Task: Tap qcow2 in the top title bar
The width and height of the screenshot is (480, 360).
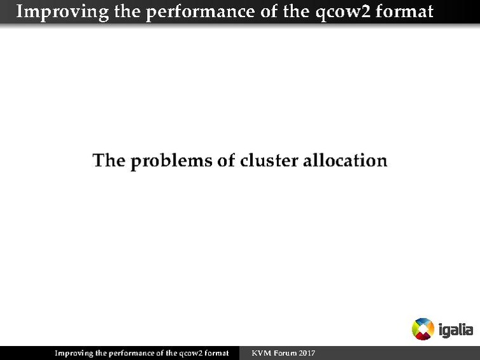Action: (x=342, y=11)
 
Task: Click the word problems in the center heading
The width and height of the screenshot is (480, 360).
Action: (x=172, y=160)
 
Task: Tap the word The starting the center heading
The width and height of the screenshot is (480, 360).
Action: (x=109, y=160)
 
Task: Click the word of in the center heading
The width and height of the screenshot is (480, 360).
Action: (x=227, y=160)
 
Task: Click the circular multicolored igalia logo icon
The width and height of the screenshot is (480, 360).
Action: (x=423, y=329)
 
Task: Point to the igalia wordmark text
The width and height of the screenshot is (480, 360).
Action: (x=456, y=330)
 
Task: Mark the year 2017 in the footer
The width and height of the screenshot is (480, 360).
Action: (x=307, y=353)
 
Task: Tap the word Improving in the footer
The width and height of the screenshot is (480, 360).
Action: (x=73, y=353)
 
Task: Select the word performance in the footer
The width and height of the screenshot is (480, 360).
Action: (x=131, y=353)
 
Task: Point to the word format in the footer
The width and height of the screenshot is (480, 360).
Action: (x=216, y=353)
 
